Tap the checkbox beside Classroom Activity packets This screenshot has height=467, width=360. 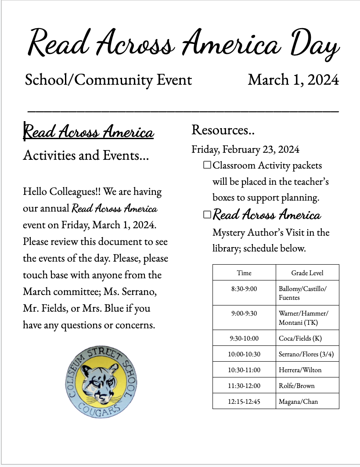coord(207,165)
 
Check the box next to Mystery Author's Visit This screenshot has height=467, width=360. coord(207,215)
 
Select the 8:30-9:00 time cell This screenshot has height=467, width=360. coord(244,289)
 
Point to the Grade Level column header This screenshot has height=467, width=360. coord(307,273)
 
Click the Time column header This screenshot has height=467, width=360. coord(244,273)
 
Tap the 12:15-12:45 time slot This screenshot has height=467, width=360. coord(244,401)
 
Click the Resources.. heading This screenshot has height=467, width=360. coord(223,130)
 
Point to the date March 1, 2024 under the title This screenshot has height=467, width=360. coord(293,80)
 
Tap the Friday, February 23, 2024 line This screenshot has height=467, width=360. coord(245,149)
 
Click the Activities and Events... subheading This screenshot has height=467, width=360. coord(86,155)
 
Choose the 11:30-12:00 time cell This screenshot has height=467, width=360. coord(244,386)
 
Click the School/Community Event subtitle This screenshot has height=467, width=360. coord(108,80)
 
